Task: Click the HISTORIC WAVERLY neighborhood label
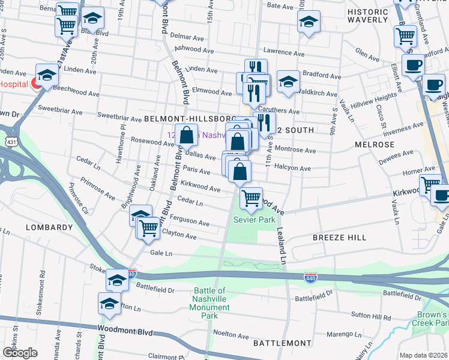367,16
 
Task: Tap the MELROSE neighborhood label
375,145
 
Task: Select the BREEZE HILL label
339,238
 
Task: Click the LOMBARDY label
49,227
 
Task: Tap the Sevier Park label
255,220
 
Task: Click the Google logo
20,353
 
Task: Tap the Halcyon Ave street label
292,169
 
